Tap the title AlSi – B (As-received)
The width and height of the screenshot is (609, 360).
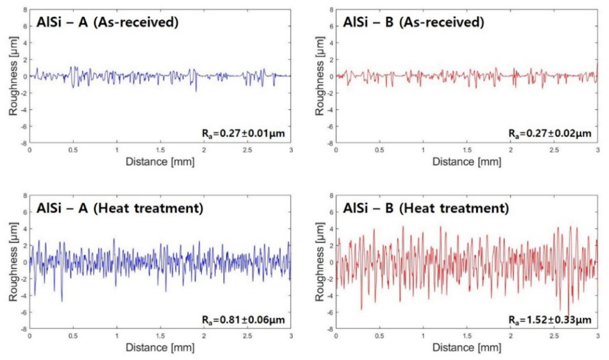point(414,23)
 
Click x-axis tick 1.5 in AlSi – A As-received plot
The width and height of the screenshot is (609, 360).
point(160,150)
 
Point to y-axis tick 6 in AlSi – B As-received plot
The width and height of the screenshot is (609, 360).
point(330,27)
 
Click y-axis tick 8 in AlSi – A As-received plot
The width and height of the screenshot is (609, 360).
point(24,9)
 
